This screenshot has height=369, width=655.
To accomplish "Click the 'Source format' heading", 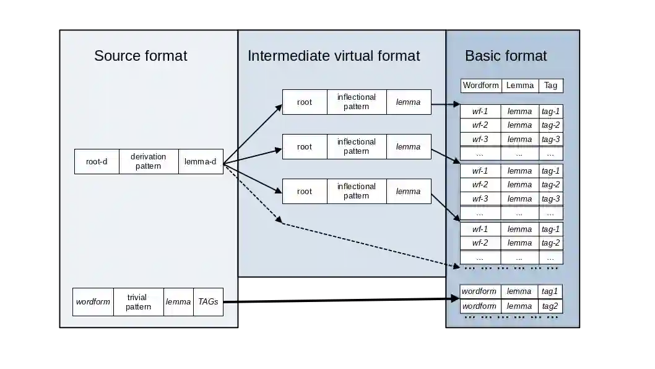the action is point(141,56).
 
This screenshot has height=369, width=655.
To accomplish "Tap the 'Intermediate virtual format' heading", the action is point(333,56).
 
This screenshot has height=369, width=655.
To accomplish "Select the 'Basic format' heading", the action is point(505,56).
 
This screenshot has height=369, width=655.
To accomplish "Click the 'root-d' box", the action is point(97,161).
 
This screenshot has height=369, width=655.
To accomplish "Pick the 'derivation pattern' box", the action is point(149,161).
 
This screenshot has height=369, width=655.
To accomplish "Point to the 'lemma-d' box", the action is point(201,161).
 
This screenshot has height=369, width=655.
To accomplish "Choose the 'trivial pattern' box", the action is point(138,302).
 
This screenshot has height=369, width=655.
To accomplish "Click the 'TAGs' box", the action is point(208,302).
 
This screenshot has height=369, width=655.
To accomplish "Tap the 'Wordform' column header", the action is point(481,86).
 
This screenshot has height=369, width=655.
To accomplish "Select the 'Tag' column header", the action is point(551,86).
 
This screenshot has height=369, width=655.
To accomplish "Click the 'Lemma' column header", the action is point(520,86).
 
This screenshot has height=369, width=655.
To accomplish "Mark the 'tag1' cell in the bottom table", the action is point(550,291).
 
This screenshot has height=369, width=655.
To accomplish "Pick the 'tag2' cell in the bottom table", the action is point(550,306).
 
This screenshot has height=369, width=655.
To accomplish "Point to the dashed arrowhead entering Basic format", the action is point(456,265).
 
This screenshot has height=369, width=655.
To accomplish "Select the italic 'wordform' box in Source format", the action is point(93,302).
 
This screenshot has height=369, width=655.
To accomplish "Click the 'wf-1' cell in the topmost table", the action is point(480,112).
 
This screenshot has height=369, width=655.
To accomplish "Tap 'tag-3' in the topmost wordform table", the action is point(550,140).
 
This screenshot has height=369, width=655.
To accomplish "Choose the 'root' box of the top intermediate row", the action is point(305,102).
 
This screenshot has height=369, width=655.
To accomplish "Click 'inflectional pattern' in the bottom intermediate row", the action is point(357,192).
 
